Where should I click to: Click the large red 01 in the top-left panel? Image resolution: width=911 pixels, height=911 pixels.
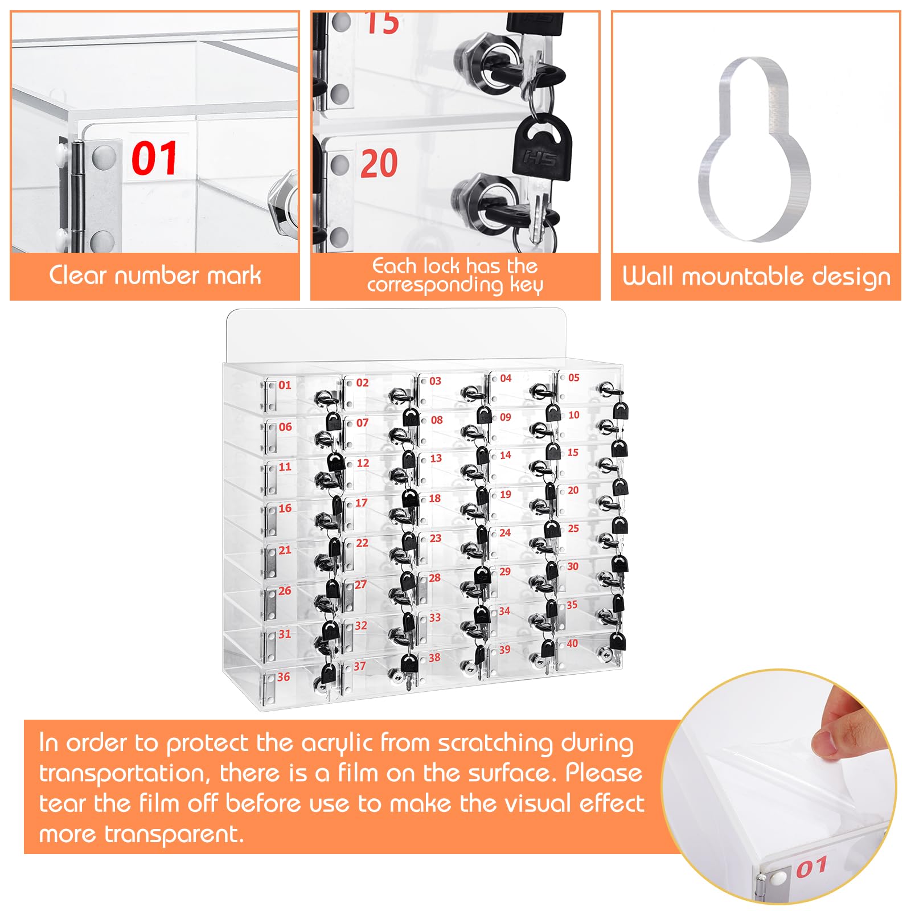154,158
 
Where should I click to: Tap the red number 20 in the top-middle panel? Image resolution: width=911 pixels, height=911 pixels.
379,164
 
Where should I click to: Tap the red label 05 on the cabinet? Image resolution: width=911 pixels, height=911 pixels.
574,377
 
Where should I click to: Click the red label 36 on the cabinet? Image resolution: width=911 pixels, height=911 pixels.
284,677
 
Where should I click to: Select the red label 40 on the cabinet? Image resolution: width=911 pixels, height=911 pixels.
572,643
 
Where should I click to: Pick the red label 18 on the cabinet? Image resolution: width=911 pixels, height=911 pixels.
435,498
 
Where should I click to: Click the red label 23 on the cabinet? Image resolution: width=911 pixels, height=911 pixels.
436,538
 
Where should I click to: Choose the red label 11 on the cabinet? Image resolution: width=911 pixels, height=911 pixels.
285,467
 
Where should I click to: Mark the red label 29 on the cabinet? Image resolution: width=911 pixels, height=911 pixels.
505,571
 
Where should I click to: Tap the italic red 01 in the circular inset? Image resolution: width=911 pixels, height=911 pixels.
811,867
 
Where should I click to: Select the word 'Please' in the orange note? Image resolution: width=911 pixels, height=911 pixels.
604,773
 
